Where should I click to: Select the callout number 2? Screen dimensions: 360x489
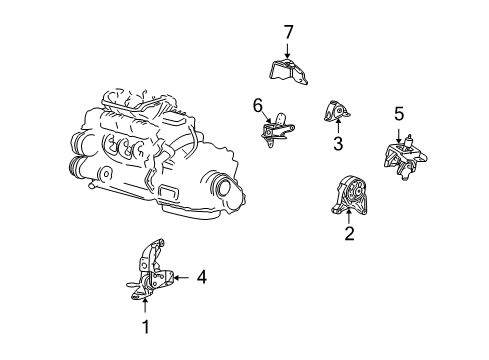pos(349,234)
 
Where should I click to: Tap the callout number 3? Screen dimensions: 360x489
pos(337,144)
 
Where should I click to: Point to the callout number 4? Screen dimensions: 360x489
pos(201,276)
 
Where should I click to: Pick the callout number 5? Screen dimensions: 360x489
pos(399,114)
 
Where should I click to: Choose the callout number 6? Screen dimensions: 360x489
pos(257,104)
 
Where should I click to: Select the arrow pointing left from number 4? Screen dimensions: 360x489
pos(182,276)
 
